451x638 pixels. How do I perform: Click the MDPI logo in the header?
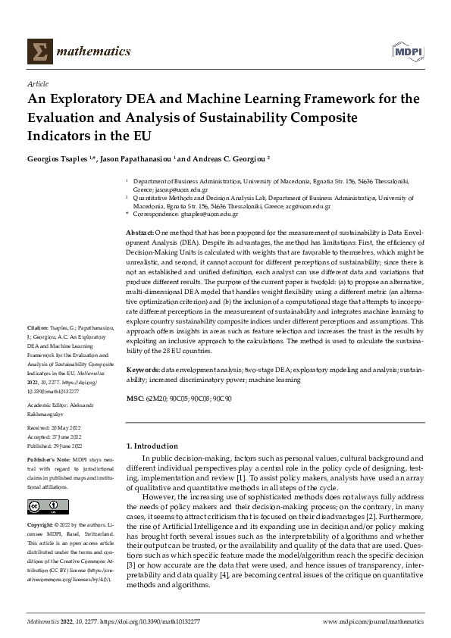click(407, 51)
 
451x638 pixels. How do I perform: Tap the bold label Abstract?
click(139, 230)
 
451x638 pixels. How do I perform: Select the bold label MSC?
click(134, 398)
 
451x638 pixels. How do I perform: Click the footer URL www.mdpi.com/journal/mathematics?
click(374, 622)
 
